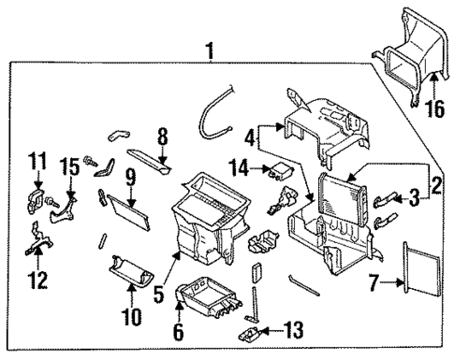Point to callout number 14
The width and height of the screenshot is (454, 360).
point(240,168)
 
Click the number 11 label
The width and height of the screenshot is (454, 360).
point(38,163)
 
